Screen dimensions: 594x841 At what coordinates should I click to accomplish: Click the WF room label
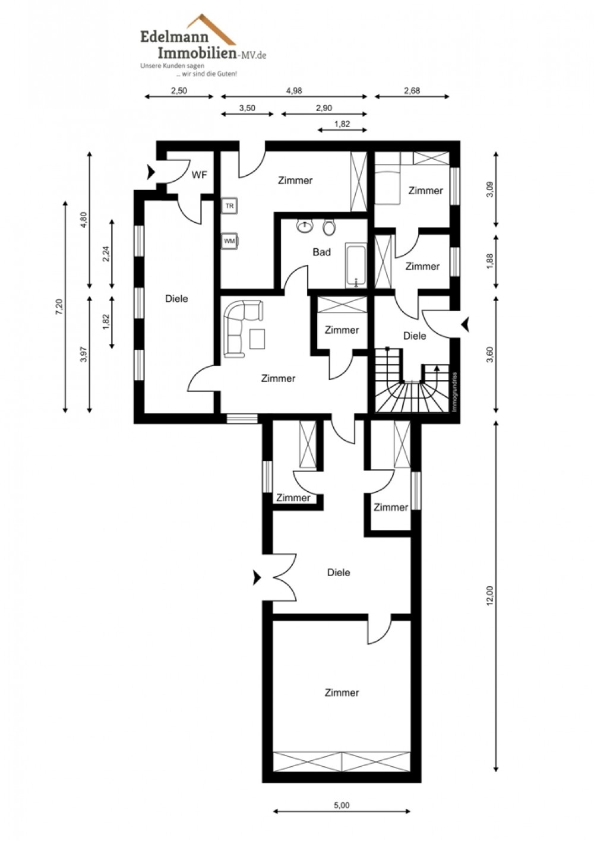(x=199, y=175)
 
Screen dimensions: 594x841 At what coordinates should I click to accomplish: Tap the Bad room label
(x=322, y=252)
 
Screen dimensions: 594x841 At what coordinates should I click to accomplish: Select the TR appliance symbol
(x=230, y=206)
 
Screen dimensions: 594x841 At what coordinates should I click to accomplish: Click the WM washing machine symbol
(x=230, y=241)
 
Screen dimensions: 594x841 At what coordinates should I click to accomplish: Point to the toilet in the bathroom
(x=329, y=228)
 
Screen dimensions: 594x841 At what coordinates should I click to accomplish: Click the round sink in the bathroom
(x=305, y=226)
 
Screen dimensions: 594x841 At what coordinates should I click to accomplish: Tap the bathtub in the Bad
(x=356, y=266)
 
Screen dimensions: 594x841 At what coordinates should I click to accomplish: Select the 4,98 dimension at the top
(x=294, y=90)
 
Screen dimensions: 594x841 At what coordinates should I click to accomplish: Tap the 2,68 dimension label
(x=412, y=90)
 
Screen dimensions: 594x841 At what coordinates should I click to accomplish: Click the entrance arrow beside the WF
(x=151, y=172)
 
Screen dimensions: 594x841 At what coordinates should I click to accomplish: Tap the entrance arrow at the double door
(x=257, y=578)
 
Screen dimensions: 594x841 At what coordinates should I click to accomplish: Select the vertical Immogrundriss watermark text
(x=454, y=392)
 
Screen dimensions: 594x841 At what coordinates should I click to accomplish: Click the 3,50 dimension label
(x=247, y=108)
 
